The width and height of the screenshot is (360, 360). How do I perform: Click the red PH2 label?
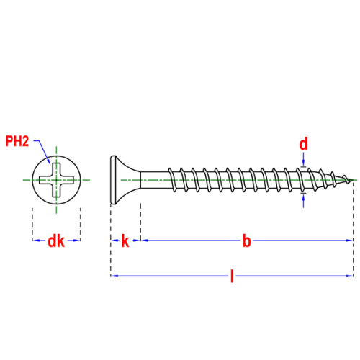pyautogui.click(x=17, y=141)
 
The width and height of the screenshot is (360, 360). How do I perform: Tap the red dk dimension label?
pyautogui.click(x=56, y=241)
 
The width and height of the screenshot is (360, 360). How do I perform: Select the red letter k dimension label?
pyautogui.click(x=125, y=241)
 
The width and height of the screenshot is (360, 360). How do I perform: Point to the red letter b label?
pyautogui.click(x=246, y=241)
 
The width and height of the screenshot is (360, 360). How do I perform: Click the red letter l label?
pyautogui.click(x=232, y=276)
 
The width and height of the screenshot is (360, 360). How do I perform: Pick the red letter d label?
pyautogui.click(x=303, y=144)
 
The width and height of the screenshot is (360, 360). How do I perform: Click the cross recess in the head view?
pyautogui.click(x=56, y=180)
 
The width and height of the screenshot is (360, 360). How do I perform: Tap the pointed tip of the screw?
pyautogui.click(x=353, y=180)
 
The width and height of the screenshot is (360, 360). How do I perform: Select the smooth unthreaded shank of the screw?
pyautogui.click(x=155, y=180)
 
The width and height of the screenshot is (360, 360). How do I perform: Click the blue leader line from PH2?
pyautogui.click(x=42, y=151)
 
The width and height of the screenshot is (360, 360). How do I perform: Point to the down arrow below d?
pyautogui.click(x=304, y=159)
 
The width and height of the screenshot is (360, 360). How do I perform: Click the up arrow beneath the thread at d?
pyautogui.click(x=304, y=200)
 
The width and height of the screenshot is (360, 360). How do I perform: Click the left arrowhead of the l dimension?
pyautogui.click(x=114, y=276)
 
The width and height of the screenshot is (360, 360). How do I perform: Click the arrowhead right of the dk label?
pyautogui.click(x=76, y=240)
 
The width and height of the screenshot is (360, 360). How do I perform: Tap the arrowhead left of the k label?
pyautogui.click(x=114, y=240)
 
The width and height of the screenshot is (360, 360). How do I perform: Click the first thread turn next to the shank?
pyautogui.click(x=172, y=180)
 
